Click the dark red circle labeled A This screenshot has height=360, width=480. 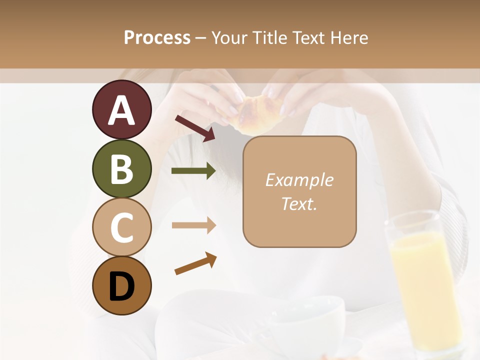point(121,109)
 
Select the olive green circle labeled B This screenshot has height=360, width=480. point(121,168)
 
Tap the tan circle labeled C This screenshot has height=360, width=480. point(121,227)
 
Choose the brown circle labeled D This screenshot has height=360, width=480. point(121,285)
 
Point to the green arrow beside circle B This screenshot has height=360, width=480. point(193,171)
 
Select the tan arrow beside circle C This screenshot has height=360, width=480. point(193,225)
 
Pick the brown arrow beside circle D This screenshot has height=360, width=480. point(195,263)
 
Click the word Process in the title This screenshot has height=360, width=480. point(157,38)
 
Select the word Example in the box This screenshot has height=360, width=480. point(299,180)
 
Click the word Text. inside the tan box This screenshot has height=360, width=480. point(299,203)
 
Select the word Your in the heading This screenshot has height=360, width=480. point(228,38)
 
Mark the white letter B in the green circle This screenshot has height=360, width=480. point(121,168)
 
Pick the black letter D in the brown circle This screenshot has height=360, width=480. point(121,286)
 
